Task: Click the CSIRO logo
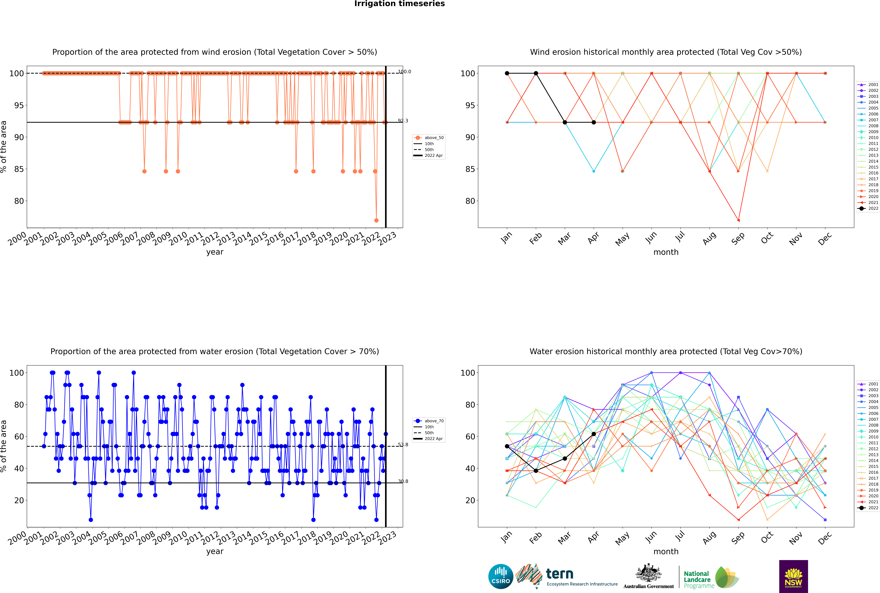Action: pyautogui.click(x=501, y=576)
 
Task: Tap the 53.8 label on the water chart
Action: pyautogui.click(x=403, y=445)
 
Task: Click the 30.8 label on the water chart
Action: pyautogui.click(x=403, y=481)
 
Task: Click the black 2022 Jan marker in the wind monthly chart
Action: pyautogui.click(x=507, y=73)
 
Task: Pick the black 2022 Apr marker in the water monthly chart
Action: pyautogui.click(x=594, y=434)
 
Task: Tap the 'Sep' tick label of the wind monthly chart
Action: pyautogui.click(x=738, y=238)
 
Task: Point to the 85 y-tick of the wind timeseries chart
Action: pyautogui.click(x=19, y=169)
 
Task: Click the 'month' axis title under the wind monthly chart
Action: pyautogui.click(x=666, y=252)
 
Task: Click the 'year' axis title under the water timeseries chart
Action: pyautogui.click(x=215, y=551)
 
